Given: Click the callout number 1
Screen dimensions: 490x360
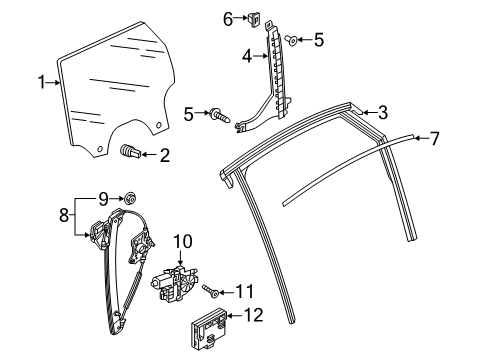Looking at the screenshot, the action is coord(42,82).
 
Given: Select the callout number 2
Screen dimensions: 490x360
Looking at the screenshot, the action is coord(165,155).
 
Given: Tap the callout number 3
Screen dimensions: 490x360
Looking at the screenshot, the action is coord(383,112).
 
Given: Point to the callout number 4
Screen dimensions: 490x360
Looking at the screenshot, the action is coord(247,57).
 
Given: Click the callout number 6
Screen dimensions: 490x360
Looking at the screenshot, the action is coord(228,19).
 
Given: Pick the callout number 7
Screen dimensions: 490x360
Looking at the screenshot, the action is coord(434,138).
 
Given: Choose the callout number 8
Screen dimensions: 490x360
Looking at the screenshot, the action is coord(64,215).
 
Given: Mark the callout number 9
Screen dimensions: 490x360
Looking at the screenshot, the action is coord(103,199).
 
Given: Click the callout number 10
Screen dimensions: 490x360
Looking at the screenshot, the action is coord(183,242).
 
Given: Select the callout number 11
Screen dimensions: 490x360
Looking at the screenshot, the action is coord(245,292).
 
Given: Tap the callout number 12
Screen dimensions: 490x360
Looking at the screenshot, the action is coord(254,315).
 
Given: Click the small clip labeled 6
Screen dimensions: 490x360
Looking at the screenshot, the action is coord(254,20).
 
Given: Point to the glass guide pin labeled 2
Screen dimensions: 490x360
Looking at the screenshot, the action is coord(130,152).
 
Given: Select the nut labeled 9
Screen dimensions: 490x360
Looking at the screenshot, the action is coord(130,199).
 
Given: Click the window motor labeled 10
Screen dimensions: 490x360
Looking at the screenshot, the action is coord(174,283).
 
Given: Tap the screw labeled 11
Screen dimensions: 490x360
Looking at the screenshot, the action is coord(211,290).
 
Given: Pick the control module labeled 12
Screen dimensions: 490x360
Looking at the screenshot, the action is coord(209,328).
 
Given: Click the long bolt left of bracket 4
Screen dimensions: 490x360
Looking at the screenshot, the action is coord(220,116).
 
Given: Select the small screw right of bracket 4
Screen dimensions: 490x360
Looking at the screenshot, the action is coord(292,41).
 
